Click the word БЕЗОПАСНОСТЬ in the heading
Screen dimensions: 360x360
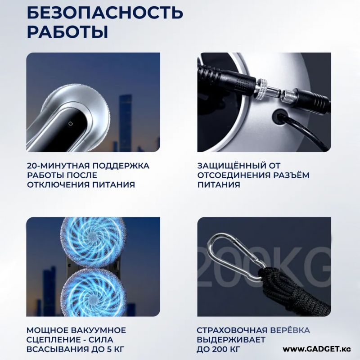[105, 12]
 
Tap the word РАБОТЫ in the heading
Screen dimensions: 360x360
[67, 32]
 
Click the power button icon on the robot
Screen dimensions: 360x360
[71, 124]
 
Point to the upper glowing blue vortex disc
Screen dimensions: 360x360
[94, 242]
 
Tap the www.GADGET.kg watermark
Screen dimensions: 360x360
[317, 350]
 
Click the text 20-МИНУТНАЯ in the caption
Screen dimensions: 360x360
[59, 166]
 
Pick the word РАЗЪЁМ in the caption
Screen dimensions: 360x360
[291, 175]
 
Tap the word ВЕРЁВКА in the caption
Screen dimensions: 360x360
[290, 330]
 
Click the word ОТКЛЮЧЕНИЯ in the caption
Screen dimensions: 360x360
[58, 184]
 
